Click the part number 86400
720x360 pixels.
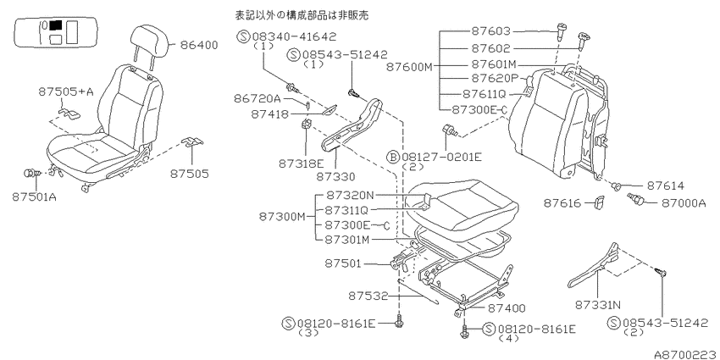coord(199,45)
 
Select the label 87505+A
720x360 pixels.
coord(66,92)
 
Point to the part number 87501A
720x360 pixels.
coord(34,197)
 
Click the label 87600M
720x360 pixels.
coord(410,67)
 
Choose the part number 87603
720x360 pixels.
coord(490,31)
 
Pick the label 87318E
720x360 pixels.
coord(302,163)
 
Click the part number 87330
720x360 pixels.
coord(335,176)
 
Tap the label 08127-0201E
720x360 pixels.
coord(441,158)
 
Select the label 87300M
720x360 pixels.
coord(282,216)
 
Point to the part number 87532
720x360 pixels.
coord(368,296)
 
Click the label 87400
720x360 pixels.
coord(506,309)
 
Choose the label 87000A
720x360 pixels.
coord(684,203)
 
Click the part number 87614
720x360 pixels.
coord(665,186)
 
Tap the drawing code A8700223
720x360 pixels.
coord(686,354)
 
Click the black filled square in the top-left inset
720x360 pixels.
coord(56,25)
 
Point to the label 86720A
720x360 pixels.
coord(258,98)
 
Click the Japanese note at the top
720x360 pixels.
coord(302,15)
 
